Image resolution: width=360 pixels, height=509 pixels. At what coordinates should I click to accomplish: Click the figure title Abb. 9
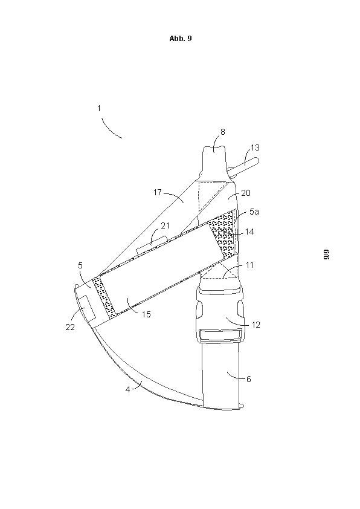(181, 38)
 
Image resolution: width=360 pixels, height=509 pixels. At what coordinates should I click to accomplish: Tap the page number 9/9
(326, 254)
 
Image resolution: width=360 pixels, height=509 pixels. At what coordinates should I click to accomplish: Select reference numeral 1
(99, 108)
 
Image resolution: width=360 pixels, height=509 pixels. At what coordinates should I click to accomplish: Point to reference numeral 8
(222, 132)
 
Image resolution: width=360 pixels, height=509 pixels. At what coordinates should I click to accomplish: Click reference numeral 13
(256, 148)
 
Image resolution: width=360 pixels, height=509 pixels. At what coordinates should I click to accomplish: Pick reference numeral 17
(158, 192)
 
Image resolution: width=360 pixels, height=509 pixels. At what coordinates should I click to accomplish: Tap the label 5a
(254, 212)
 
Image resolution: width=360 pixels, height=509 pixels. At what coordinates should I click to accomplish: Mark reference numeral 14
(249, 232)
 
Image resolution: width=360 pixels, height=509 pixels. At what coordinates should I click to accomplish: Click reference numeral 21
(165, 225)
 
